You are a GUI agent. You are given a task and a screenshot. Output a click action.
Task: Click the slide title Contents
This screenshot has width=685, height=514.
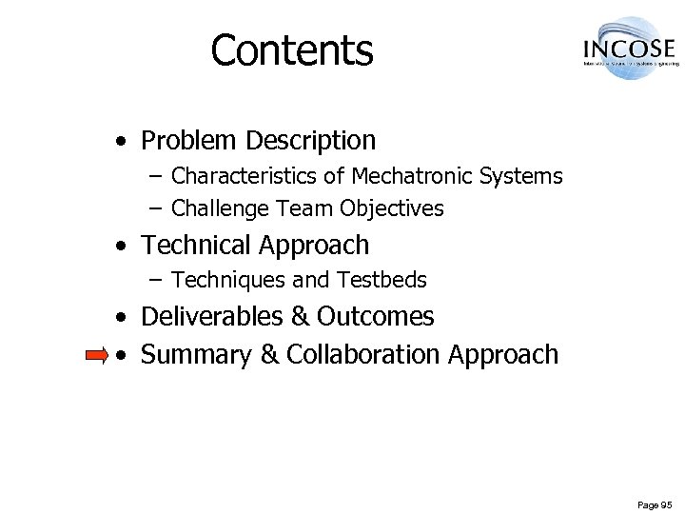click(x=292, y=50)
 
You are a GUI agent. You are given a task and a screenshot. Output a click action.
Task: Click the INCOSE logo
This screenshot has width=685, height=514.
click(x=629, y=49)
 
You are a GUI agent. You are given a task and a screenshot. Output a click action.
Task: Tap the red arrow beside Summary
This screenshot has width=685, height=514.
click(x=97, y=356)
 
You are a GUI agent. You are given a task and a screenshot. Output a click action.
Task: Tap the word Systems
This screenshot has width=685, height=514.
click(x=522, y=176)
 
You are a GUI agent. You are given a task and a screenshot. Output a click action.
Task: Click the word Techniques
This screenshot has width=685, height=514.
click(x=220, y=280)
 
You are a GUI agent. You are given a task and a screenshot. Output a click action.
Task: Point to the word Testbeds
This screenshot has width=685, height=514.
click(x=382, y=280)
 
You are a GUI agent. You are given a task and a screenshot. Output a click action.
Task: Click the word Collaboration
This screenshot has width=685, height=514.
click(x=362, y=354)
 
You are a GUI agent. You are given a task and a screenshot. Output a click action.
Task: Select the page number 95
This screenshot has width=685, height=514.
click(x=665, y=504)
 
